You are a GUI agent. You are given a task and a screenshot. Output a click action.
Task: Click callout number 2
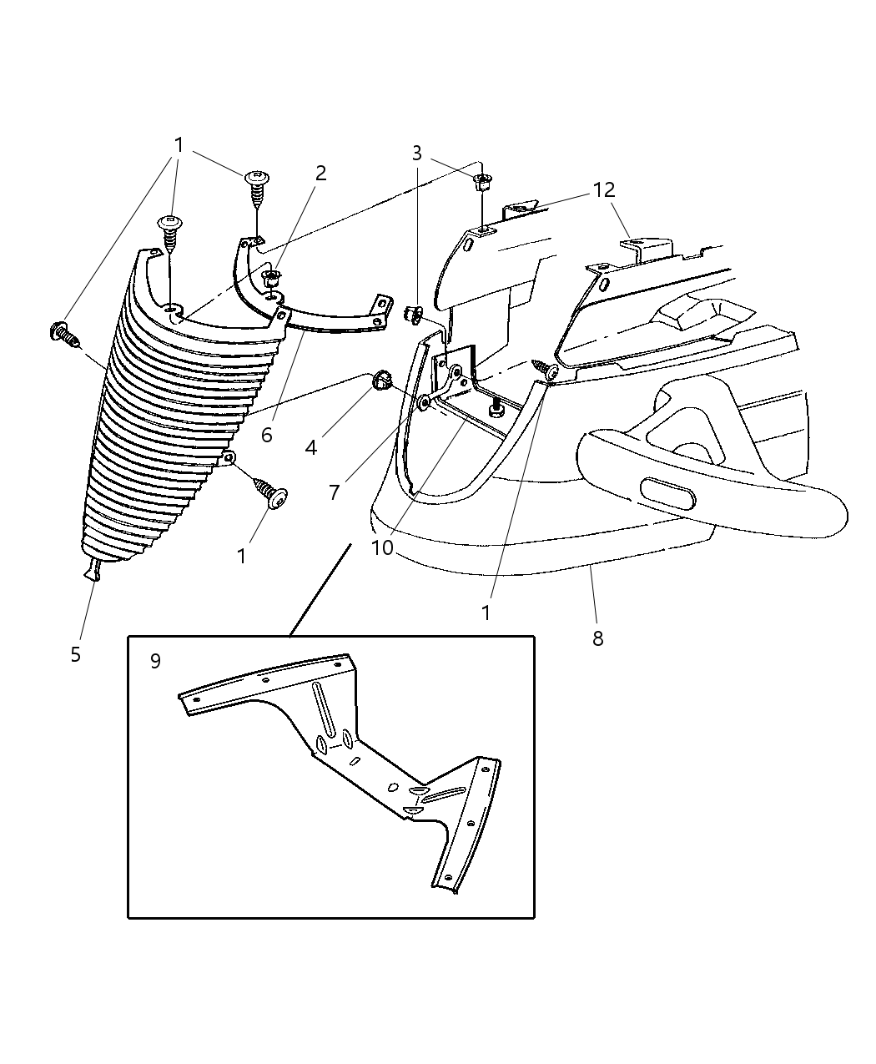tap(320, 174)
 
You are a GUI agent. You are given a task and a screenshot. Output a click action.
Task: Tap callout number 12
tap(603, 191)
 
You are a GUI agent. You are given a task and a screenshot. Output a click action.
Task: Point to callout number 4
tap(311, 447)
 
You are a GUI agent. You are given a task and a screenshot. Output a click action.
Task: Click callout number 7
tap(335, 492)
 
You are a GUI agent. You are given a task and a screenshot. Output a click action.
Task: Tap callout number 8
tap(597, 639)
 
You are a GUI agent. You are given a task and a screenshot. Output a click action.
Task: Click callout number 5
tap(76, 654)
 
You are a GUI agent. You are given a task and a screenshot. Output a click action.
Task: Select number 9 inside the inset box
tap(155, 661)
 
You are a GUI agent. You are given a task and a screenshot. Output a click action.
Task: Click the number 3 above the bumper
tap(417, 153)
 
